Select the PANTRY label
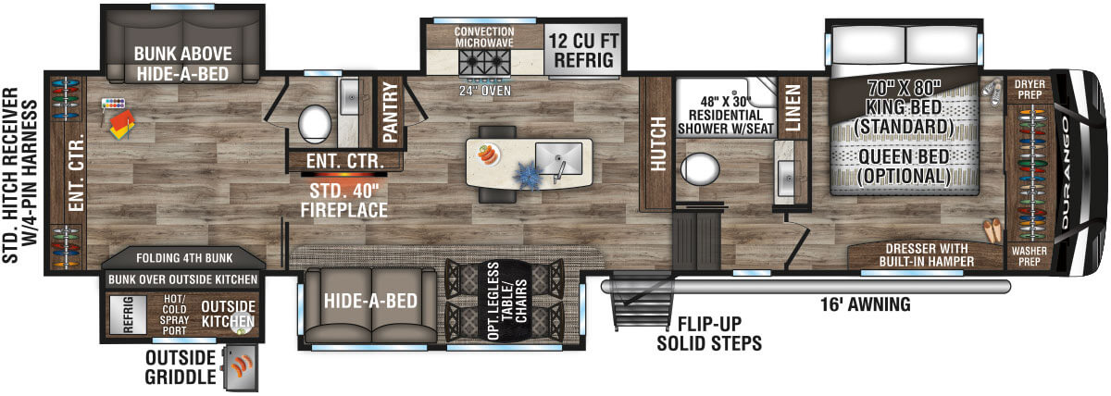pyautogui.click(x=390, y=113)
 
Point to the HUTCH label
pyautogui.click(x=658, y=143)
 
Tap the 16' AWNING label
pyautogui.click(x=866, y=303)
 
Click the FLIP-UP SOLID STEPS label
pyautogui.click(x=709, y=334)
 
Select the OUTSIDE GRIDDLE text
pyautogui.click(x=180, y=367)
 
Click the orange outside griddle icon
pyautogui.click(x=243, y=368)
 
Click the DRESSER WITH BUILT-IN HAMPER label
pyautogui.click(x=926, y=254)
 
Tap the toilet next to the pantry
pyautogui.click(x=316, y=121)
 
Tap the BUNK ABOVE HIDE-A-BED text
pyautogui.click(x=181, y=62)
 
